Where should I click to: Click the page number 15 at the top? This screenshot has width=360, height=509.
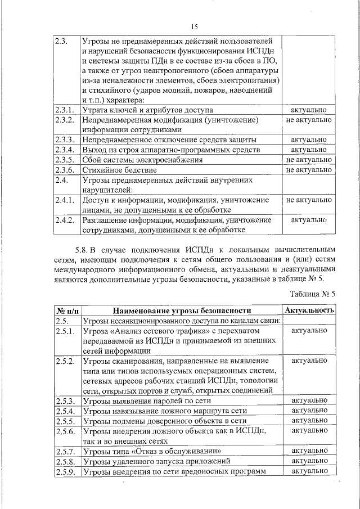(195, 26)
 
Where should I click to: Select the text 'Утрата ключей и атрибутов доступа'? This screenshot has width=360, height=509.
(147, 110)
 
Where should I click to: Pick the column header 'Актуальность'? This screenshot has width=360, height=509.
(309, 310)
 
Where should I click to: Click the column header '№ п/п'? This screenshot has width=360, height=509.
(67, 310)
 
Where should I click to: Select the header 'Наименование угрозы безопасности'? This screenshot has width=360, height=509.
(181, 310)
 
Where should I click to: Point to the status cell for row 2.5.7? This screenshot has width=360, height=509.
(309, 451)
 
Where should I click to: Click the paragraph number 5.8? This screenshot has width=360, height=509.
(83, 249)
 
